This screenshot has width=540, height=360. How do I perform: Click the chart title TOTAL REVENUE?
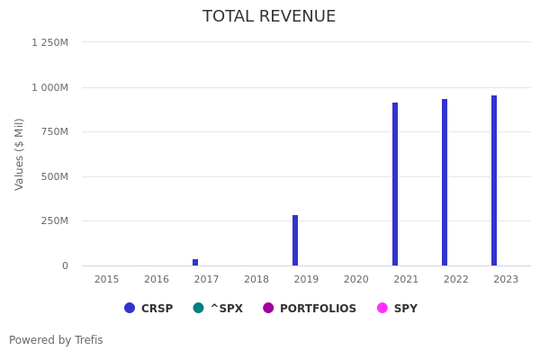[269, 17]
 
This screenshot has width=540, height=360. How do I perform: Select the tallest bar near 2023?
[494, 180]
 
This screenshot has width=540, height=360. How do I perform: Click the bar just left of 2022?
[445, 182]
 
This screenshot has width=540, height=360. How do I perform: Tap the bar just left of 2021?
[395, 184]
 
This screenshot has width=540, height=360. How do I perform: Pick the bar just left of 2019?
[295, 240]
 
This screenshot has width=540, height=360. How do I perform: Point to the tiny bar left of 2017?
[195, 262]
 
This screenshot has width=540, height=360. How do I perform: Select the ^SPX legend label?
[226, 309]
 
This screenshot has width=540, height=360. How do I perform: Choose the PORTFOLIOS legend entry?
[318, 309]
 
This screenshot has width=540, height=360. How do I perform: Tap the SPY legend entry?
[405, 309]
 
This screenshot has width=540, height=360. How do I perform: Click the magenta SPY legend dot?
[382, 308]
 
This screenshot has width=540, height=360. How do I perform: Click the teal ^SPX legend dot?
[198, 308]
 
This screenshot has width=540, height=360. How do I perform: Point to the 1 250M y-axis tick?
[49, 42]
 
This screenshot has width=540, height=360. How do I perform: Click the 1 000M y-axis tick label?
[49, 87]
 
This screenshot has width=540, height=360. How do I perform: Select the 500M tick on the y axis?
[54, 176]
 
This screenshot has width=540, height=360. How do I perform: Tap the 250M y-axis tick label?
[54, 221]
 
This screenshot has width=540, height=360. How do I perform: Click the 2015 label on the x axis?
[107, 280]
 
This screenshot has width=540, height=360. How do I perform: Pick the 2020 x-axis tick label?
[356, 280]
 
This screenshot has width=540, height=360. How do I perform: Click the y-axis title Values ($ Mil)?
[20, 154]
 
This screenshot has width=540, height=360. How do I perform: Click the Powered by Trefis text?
[56, 340]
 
